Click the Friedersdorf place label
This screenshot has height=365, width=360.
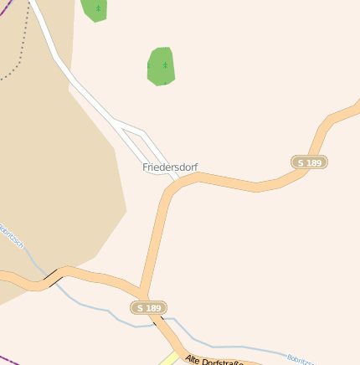(x=170, y=167)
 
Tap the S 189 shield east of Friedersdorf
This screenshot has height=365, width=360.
(x=309, y=162)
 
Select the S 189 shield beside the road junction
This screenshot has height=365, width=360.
(x=148, y=308)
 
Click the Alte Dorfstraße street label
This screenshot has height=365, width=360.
(x=213, y=360)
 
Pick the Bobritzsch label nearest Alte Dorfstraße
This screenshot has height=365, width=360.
(x=300, y=360)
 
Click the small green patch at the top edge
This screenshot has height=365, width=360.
(x=95, y=9)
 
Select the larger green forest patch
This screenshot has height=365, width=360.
(x=160, y=67)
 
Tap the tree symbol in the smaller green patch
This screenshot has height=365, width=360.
(x=98, y=9)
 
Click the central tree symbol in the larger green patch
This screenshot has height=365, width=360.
(x=165, y=64)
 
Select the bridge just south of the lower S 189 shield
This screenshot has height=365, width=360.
(x=160, y=322)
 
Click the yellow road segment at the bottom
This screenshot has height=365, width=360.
(x=171, y=359)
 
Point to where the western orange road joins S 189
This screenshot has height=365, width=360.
(x=140, y=290)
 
